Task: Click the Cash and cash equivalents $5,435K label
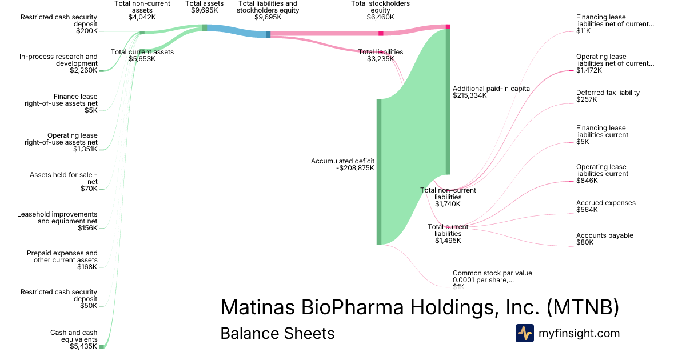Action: [74, 339]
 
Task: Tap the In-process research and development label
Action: [58, 63]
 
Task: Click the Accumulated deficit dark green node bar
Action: [378, 171]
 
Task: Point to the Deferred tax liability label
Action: [608, 95]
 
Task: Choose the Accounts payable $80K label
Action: [604, 239]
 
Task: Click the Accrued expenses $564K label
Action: [605, 206]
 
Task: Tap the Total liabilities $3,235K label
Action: [380, 55]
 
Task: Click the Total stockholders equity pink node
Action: [381, 34]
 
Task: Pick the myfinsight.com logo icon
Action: [524, 333]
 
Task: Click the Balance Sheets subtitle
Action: [277, 333]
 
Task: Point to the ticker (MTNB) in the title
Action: [583, 307]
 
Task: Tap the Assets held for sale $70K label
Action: [63, 182]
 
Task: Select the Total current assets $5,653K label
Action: [142, 55]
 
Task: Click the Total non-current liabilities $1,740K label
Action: [448, 197]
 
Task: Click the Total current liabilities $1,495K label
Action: [448, 234]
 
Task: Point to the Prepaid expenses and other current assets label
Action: [62, 260]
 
